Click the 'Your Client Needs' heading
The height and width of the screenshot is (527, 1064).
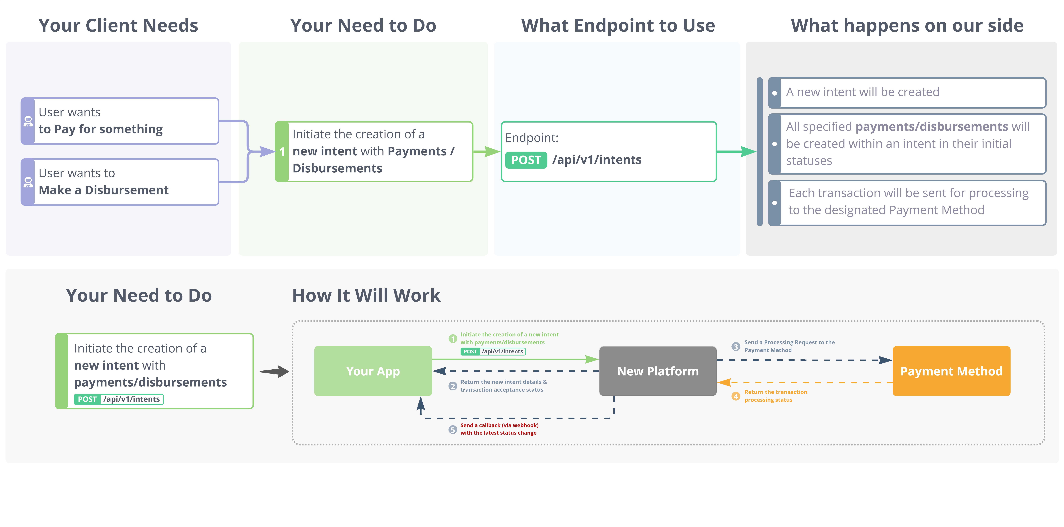119,26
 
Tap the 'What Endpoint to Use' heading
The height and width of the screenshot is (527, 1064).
618,26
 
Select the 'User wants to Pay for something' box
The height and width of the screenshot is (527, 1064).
120,121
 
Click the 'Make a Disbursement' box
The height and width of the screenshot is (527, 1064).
120,182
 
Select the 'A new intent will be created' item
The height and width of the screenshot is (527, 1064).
907,92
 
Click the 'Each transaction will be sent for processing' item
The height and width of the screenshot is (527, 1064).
907,203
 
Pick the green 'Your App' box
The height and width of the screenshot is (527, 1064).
373,371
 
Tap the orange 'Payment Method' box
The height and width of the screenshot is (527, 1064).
951,371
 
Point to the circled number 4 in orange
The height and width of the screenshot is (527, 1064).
736,396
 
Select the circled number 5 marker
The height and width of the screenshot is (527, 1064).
453,430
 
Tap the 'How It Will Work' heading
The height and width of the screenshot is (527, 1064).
366,296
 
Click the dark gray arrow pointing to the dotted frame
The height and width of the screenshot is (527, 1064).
274,371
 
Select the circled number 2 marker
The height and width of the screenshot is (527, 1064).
453,386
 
